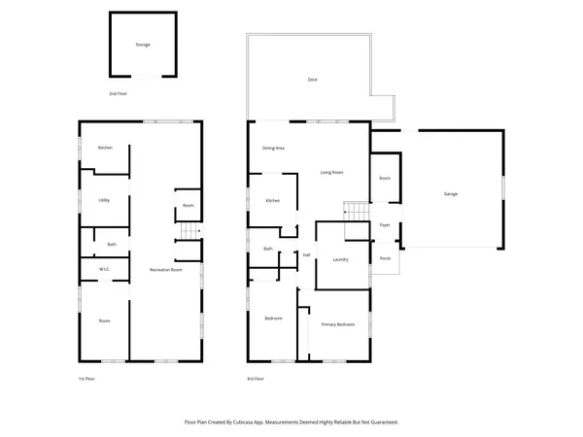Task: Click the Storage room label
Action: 143,45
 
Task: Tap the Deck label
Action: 312,80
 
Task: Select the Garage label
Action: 451,194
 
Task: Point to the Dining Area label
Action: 273,149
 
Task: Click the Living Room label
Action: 332,173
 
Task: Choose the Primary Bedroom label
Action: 338,324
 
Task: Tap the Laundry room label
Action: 340,259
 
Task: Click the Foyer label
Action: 384,225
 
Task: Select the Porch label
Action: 385,258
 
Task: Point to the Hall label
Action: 306,254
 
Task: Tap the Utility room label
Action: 104,200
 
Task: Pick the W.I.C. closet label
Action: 104,269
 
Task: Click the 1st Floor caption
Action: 86,379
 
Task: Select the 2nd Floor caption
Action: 118,93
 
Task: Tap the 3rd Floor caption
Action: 256,379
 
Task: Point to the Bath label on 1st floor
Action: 112,244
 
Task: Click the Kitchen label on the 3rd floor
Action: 273,201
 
